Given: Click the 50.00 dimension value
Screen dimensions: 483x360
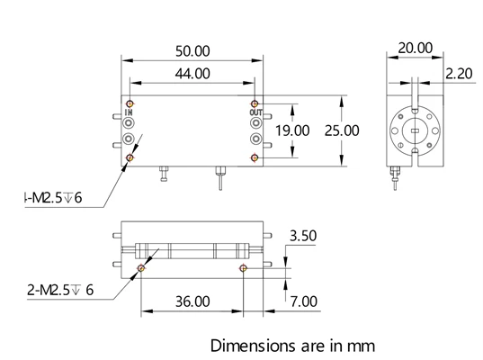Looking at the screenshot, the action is point(192,51).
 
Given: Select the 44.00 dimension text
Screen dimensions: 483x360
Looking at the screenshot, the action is point(192,74).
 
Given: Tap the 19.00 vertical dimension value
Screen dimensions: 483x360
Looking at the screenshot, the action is point(292,130).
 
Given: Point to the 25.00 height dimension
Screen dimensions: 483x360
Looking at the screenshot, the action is point(342,130).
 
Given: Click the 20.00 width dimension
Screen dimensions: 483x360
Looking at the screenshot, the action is point(416,48).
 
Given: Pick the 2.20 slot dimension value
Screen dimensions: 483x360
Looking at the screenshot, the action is point(459,74).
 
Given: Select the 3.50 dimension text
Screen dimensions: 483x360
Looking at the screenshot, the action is point(303,236).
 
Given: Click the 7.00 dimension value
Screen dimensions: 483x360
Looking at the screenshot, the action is point(304,301).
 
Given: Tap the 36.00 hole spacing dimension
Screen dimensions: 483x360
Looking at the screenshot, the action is point(192,301).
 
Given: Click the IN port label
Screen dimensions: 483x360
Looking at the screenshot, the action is point(129,112).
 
